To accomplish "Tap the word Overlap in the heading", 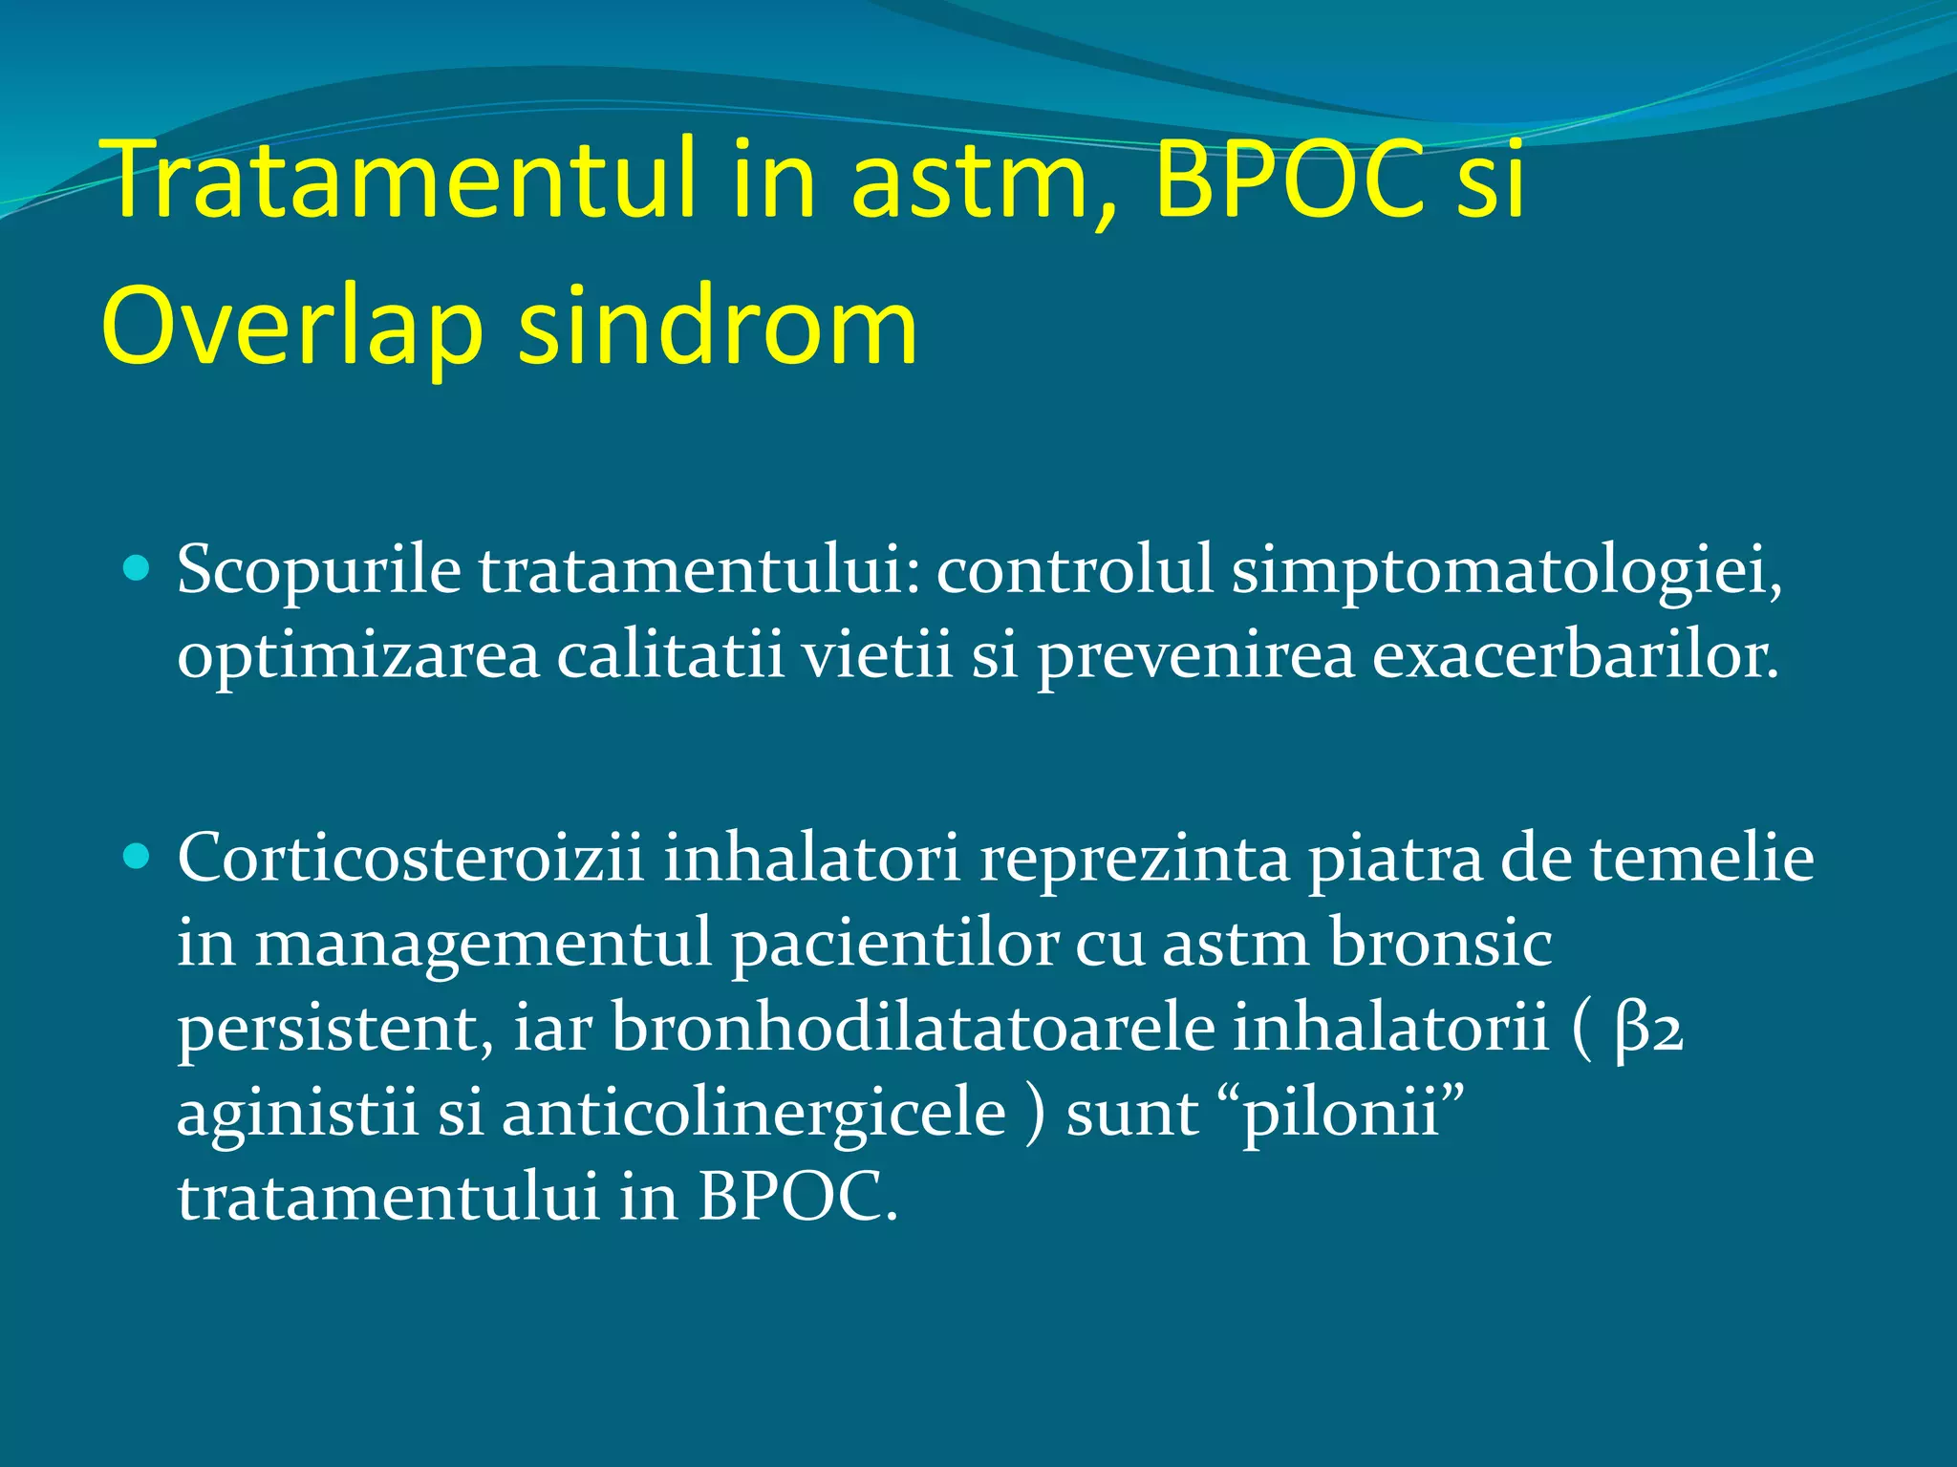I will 291,327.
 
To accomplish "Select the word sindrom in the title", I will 718,327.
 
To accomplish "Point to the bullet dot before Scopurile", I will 138,570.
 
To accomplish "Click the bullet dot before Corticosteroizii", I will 138,857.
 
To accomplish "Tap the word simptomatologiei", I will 1506,571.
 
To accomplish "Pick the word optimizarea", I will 358,657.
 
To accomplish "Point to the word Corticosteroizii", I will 411,857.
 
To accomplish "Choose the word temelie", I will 1702,857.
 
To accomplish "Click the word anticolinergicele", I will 754,1114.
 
